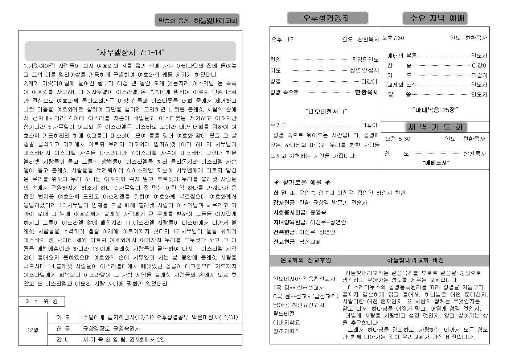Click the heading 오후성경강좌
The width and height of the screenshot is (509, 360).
pos(327,18)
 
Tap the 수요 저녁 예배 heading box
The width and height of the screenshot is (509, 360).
pos(435,18)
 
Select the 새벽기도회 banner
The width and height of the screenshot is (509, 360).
pos(435,127)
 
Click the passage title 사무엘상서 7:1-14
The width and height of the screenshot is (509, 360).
pos(130,52)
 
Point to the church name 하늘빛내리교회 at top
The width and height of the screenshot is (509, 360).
pos(215,21)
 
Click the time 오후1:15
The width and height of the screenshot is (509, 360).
pos(282,39)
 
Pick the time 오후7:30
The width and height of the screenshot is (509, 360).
pos(393,38)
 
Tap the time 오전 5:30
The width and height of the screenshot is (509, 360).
pos(398,139)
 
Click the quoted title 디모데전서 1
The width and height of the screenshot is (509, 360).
pos(326,111)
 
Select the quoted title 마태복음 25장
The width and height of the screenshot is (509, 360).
pos(435,109)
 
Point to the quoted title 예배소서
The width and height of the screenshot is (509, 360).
pos(436,163)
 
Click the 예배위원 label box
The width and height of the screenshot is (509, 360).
pos(41,301)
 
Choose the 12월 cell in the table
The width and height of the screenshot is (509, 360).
pos(33,330)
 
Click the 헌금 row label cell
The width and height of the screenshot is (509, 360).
pos(63,328)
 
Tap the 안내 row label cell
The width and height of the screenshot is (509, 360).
pos(63,340)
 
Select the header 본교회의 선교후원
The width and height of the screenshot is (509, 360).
pos(305,260)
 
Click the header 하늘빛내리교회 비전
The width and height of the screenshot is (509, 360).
pos(415,260)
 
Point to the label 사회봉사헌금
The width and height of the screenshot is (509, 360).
pos(290,212)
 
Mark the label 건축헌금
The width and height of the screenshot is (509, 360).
pos(285,232)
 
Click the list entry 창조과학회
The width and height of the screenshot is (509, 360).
pos(286,331)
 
